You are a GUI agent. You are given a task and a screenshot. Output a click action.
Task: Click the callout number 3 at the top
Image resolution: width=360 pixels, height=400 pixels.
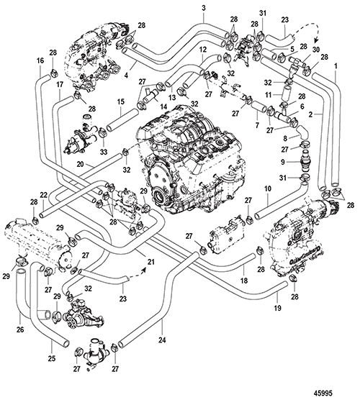[x=203, y=8]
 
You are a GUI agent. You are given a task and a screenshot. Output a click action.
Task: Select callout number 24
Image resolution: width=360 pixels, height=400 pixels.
[x=162, y=340]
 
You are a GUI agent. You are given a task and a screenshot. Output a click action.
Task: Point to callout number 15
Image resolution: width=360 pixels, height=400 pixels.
[x=121, y=101]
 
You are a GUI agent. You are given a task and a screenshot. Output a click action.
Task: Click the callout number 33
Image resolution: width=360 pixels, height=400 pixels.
[x=104, y=153]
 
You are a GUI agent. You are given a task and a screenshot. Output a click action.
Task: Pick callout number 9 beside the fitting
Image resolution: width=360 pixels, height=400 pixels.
[x=283, y=162]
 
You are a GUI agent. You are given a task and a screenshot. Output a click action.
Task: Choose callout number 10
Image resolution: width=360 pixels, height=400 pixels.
[x=268, y=189]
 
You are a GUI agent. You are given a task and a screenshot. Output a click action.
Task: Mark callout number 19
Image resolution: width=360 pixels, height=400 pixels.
[x=277, y=308]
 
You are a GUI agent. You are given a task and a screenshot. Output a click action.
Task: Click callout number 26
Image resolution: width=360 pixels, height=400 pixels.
[x=20, y=329]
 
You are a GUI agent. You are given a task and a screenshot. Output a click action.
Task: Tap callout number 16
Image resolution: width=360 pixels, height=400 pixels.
[x=40, y=60]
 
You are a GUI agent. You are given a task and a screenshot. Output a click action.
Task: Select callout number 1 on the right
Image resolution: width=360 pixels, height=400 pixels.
[x=336, y=66]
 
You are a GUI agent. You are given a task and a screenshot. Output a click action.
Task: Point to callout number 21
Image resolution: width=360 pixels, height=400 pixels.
[x=151, y=261]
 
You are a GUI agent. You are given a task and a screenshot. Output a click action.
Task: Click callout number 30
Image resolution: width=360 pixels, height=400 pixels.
[x=316, y=50]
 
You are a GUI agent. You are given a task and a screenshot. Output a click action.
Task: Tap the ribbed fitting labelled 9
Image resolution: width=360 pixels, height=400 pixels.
[x=304, y=161]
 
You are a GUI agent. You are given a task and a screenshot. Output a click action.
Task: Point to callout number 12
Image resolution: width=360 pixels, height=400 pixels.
[x=203, y=50]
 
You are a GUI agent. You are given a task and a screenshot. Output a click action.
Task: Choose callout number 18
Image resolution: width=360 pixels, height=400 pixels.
[x=244, y=281]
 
